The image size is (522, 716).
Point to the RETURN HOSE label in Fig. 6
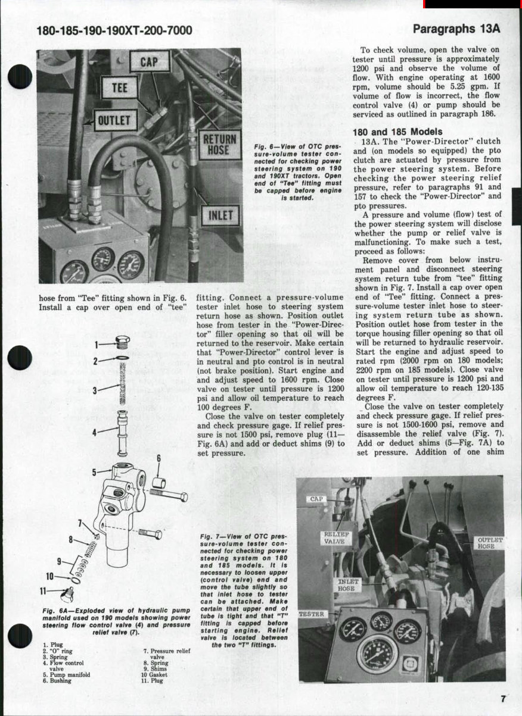click(x=219, y=144)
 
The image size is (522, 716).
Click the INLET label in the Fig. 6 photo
click(x=220, y=215)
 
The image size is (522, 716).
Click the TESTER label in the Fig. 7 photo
click(x=311, y=614)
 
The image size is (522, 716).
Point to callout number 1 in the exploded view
click(x=96, y=343)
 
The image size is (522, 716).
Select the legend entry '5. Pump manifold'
click(x=66, y=674)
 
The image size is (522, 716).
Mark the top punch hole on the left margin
click(x=20, y=76)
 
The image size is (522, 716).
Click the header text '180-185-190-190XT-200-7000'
click(x=114, y=30)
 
